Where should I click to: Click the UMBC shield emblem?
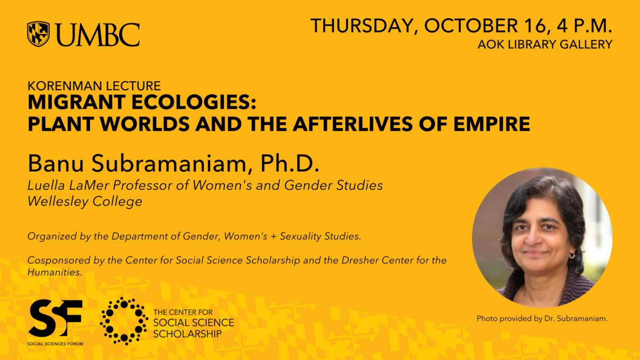click(38, 34)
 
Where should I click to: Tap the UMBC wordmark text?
click(98, 35)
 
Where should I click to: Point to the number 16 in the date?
click(535, 26)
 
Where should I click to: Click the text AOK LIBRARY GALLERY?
click(545, 44)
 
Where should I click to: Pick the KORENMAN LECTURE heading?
click(94, 86)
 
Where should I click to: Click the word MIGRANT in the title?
click(77, 102)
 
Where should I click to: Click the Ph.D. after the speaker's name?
click(290, 163)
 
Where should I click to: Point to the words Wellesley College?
click(85, 202)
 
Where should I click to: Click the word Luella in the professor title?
click(46, 185)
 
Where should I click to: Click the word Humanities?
click(55, 273)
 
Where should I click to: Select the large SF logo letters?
click(55, 318)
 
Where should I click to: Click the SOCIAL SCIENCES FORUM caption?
click(55, 343)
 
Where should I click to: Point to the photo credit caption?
click(542, 318)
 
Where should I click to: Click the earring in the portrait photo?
click(572, 255)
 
